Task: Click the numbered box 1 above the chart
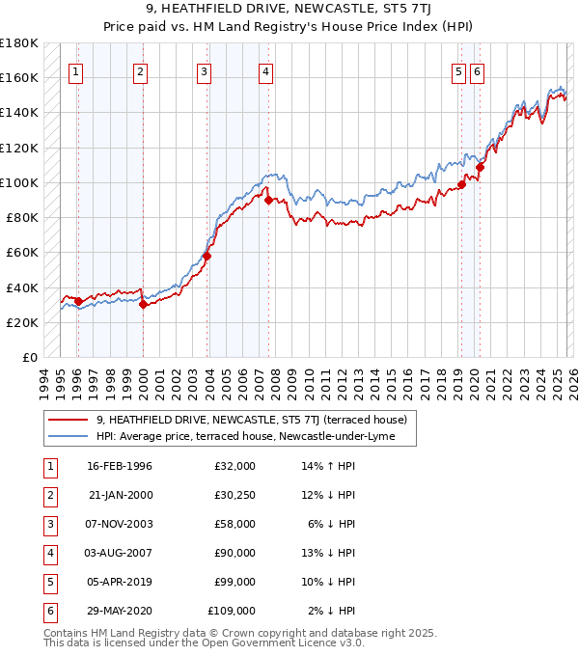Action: [75, 70]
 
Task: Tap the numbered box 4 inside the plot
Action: [265, 70]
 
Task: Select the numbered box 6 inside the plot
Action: [478, 70]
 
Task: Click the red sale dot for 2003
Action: [207, 256]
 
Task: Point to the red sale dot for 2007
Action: [268, 200]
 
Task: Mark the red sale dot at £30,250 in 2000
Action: [143, 304]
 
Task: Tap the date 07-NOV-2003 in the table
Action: [120, 524]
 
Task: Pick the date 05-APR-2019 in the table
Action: [120, 582]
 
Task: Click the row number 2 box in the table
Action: [47, 495]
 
